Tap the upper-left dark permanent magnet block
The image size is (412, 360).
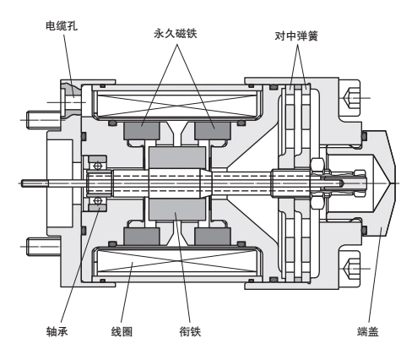pos(142,131)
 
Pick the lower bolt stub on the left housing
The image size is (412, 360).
pos(39,246)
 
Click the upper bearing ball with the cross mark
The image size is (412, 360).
pos(98,166)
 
